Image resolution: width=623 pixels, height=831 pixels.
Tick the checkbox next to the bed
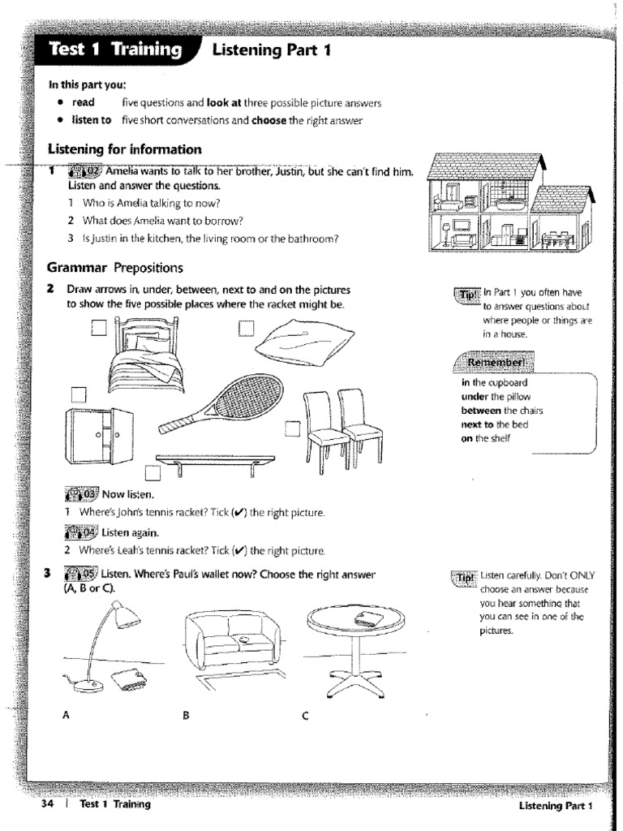pyautogui.click(x=99, y=328)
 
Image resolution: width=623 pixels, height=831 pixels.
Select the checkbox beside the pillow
pyautogui.click(x=246, y=327)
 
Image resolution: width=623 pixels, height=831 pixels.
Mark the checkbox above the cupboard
pyautogui.click(x=79, y=394)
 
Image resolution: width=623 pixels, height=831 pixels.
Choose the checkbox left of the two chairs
pyautogui.click(x=292, y=428)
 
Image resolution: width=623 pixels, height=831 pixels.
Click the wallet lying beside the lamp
pyautogui.click(x=130, y=680)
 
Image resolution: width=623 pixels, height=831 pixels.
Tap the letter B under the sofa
pyautogui.click(x=186, y=715)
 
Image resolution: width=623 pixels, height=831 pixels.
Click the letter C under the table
pyautogui.click(x=305, y=715)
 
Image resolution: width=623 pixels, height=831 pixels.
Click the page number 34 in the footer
pyautogui.click(x=46, y=804)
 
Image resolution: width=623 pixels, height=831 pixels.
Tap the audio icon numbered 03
pyautogui.click(x=80, y=493)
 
